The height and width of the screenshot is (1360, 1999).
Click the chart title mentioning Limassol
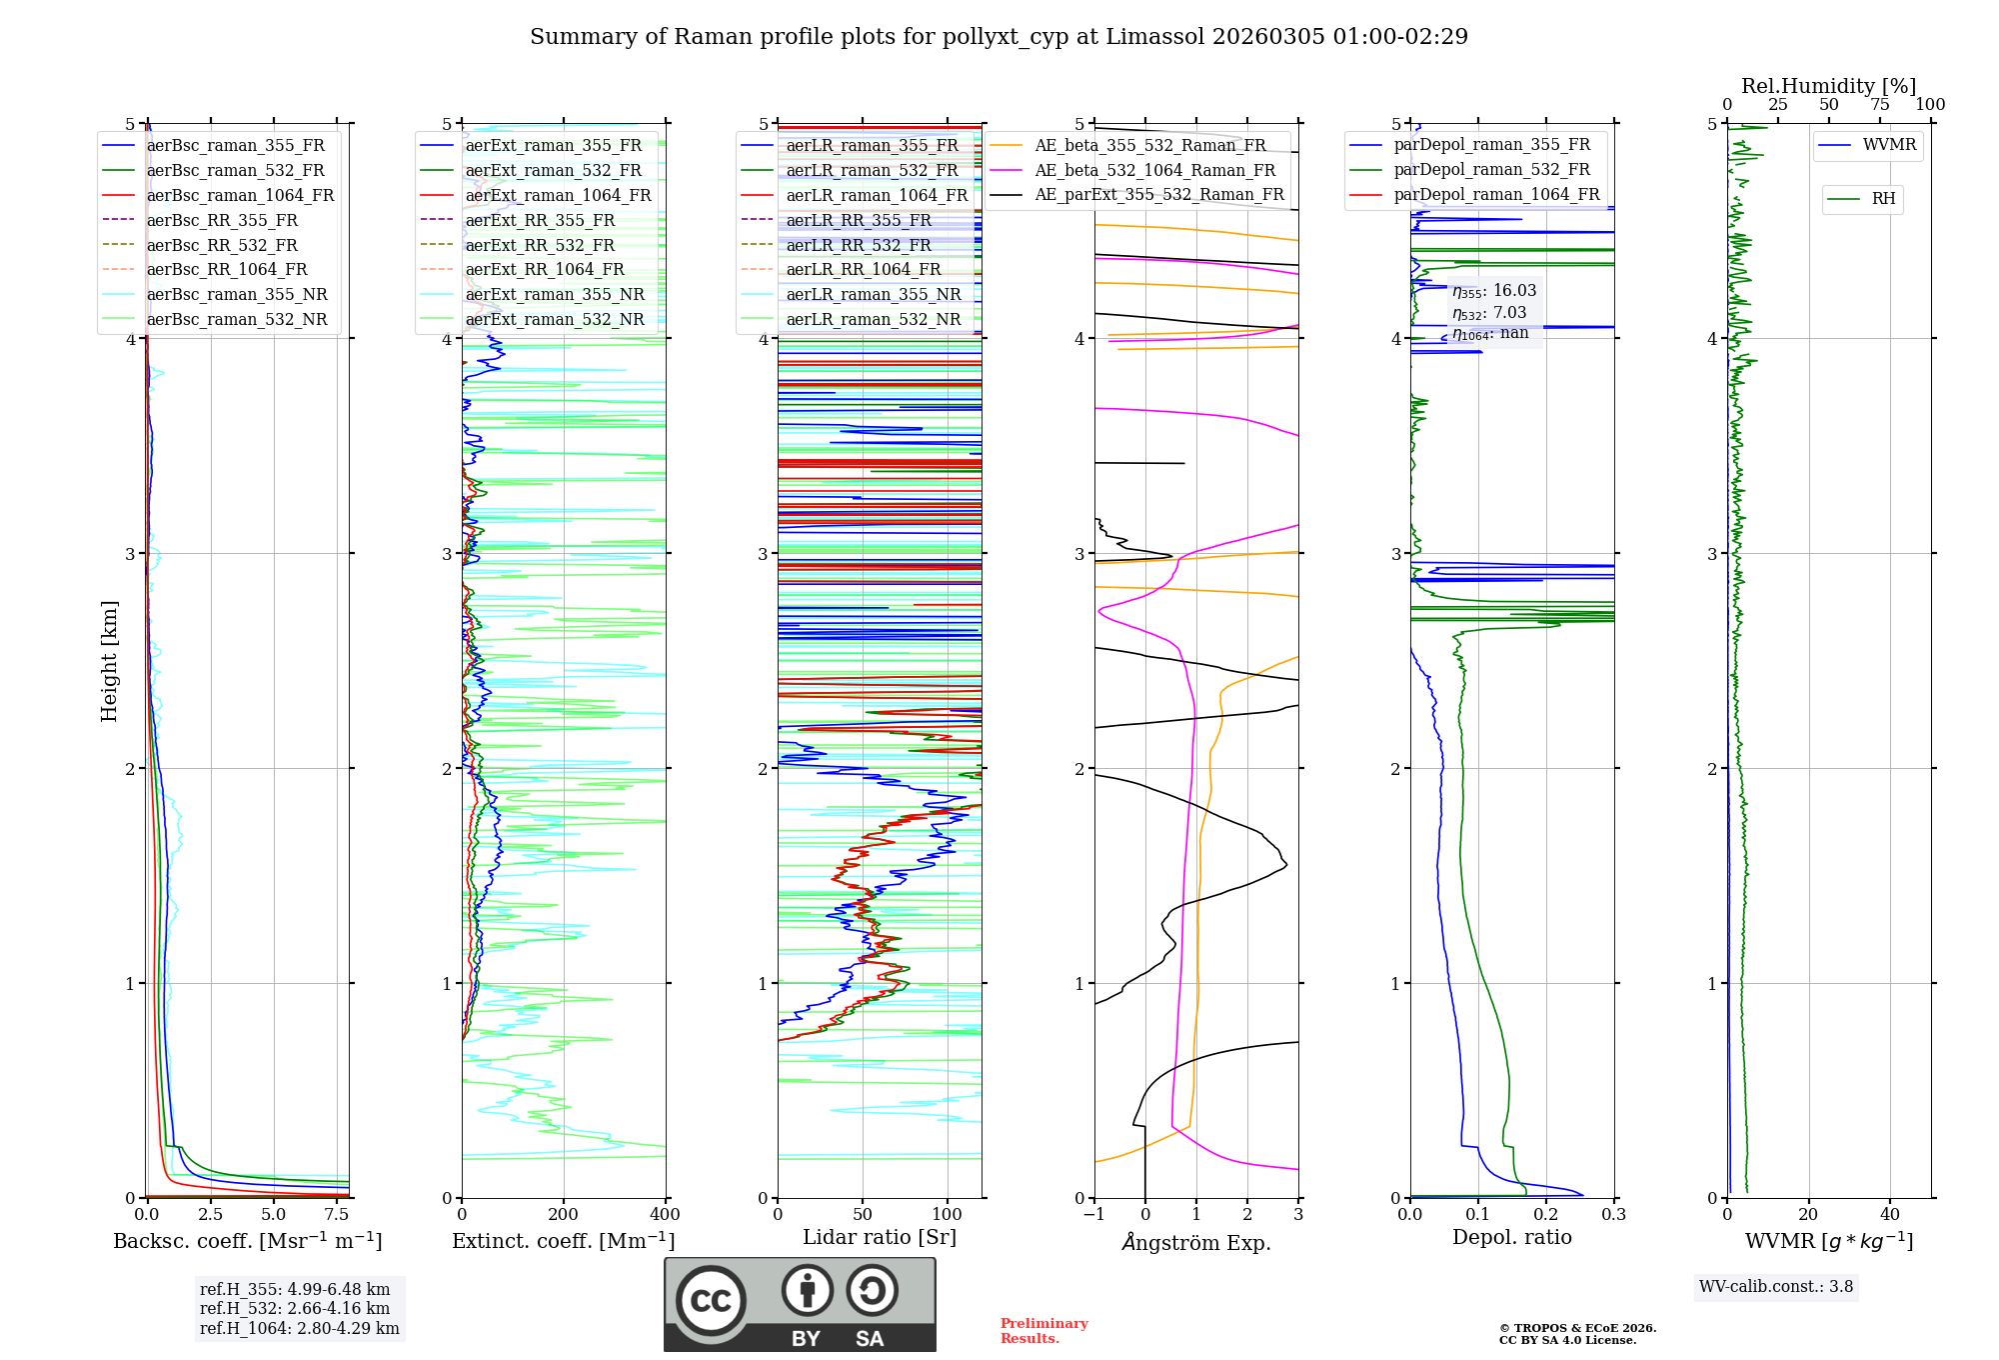coord(999,37)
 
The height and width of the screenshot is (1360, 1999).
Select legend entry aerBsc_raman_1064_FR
coord(240,195)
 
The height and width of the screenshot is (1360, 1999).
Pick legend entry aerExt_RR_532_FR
coord(540,245)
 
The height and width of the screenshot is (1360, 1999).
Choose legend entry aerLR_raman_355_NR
coord(873,294)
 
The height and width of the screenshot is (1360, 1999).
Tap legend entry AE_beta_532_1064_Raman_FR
coord(1154,170)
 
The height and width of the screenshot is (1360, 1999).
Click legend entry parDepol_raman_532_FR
coord(1491,170)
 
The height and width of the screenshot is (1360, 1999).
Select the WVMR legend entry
coord(1889,145)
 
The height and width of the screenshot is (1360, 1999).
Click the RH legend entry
coord(1883,199)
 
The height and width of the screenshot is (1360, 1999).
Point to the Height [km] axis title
coord(109,660)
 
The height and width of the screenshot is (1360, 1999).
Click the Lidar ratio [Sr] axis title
coord(880,1237)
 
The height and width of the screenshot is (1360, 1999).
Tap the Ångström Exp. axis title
coord(1196,1242)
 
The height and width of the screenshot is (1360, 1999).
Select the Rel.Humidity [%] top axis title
coord(1828,86)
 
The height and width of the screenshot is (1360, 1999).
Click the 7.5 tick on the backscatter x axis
coord(337,1215)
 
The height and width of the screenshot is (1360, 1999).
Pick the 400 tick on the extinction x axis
coord(666,1215)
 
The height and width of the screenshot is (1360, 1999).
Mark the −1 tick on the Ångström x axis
coord(1093,1215)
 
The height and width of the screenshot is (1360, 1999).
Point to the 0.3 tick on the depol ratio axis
coord(1613,1215)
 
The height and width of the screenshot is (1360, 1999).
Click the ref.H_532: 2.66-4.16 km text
coord(295,1308)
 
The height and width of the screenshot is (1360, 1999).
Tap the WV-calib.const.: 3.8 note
coord(1776,1287)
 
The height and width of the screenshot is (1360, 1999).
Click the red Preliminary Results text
coord(1043,1331)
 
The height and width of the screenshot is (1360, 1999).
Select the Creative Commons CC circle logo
coord(711,1301)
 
